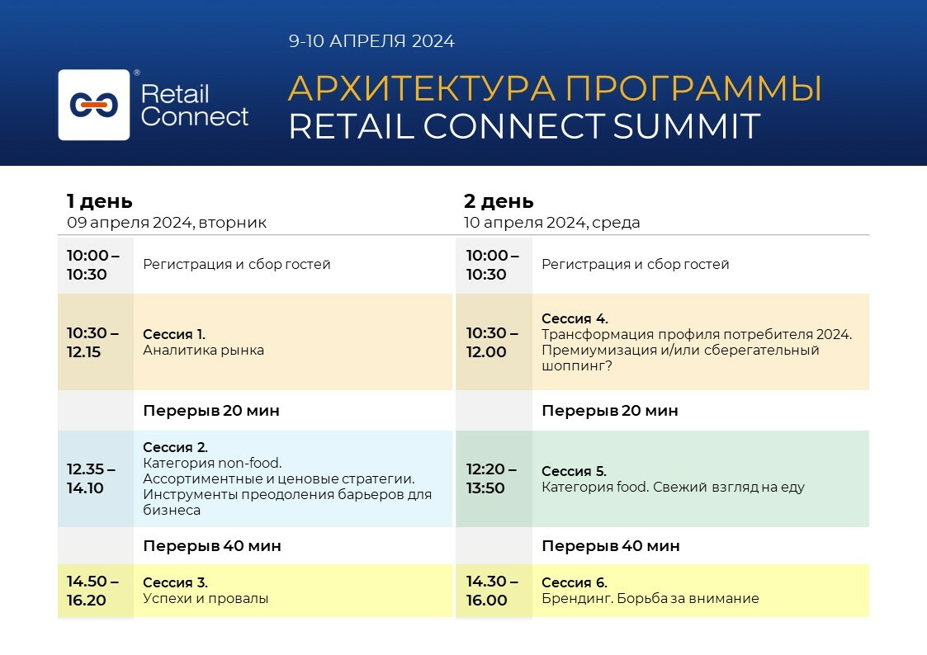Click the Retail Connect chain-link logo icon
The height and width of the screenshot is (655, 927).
coord(94,105)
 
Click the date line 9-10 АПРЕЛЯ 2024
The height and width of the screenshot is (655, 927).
coord(371,41)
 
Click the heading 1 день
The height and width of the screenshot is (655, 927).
coord(99,201)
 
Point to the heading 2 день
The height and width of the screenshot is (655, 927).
coord(499,201)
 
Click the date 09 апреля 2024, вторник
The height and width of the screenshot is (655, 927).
coord(167,223)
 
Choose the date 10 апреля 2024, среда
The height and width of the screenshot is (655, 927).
coord(551,223)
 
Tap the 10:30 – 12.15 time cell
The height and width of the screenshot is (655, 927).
coord(93,342)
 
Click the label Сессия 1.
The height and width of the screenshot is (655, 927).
coord(174,334)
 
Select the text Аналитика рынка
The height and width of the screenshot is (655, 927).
coord(204,350)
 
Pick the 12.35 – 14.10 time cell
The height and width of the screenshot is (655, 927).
coord(92,478)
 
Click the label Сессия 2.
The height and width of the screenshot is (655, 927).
coord(176,448)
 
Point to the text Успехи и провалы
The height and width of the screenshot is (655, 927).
coord(206,599)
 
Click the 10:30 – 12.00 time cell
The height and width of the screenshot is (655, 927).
coord(492,342)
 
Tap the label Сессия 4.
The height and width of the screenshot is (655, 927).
coord(574,318)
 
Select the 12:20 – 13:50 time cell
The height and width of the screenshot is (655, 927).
coord(491,478)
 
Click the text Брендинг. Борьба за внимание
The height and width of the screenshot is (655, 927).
coord(650,599)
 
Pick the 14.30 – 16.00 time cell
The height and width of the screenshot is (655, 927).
coord(492,591)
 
